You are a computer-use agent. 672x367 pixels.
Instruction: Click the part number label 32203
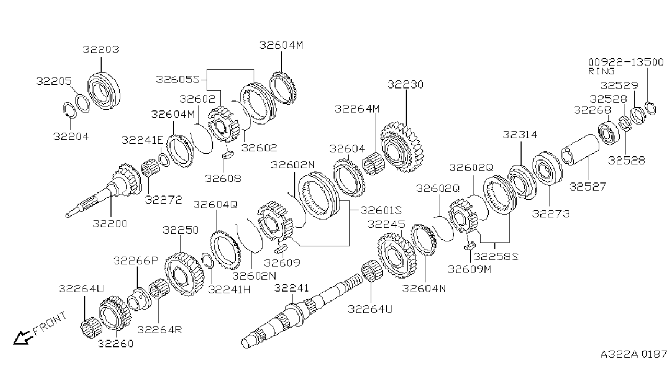101,50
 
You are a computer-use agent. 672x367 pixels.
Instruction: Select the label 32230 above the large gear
406,85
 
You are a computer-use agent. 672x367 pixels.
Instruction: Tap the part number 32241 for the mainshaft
291,288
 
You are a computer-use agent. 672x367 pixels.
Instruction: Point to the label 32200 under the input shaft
110,223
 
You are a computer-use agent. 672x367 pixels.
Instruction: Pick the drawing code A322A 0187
634,354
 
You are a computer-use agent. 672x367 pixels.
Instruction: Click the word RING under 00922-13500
601,72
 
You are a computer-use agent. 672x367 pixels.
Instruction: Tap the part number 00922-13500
626,62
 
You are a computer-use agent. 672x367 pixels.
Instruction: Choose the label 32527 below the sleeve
588,187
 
